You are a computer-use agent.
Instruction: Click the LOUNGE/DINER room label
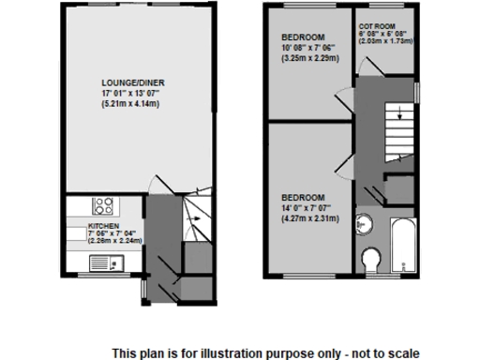point(128,81)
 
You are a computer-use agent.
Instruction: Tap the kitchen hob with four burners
point(104,206)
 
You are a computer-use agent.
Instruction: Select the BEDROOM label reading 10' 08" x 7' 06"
point(309,46)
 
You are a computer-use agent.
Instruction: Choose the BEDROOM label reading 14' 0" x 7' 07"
point(309,209)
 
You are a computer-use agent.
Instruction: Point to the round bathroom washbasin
point(367,224)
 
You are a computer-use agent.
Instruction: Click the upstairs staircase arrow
point(400,115)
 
